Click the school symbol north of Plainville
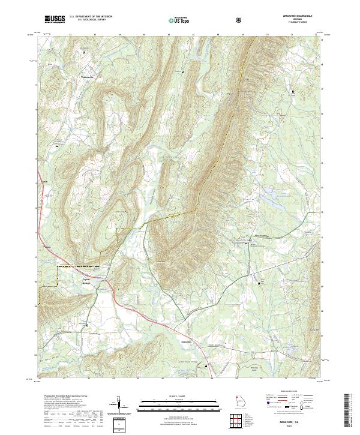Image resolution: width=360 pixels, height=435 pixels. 83,52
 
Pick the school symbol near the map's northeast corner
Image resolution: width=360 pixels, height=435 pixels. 292,91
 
